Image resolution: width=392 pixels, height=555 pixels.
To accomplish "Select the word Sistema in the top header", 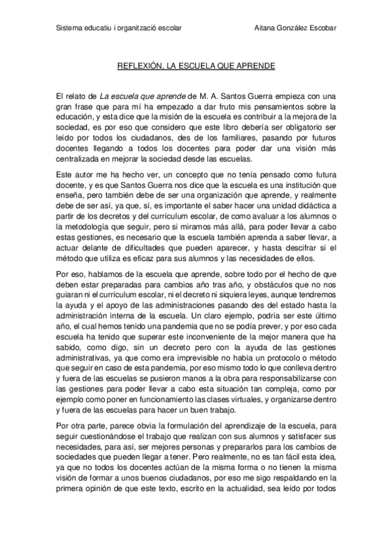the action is click(68, 29).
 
